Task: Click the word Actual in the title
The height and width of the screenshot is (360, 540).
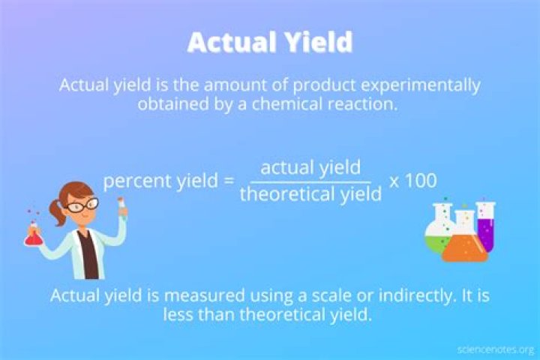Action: pyautogui.click(x=228, y=43)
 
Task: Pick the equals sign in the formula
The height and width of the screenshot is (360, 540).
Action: pyautogui.click(x=229, y=181)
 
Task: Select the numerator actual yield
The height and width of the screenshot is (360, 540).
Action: pyautogui.click(x=310, y=166)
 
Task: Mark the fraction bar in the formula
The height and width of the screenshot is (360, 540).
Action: pyautogui.click(x=310, y=181)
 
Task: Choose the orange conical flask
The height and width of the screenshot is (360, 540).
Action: pyautogui.click(x=464, y=244)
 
